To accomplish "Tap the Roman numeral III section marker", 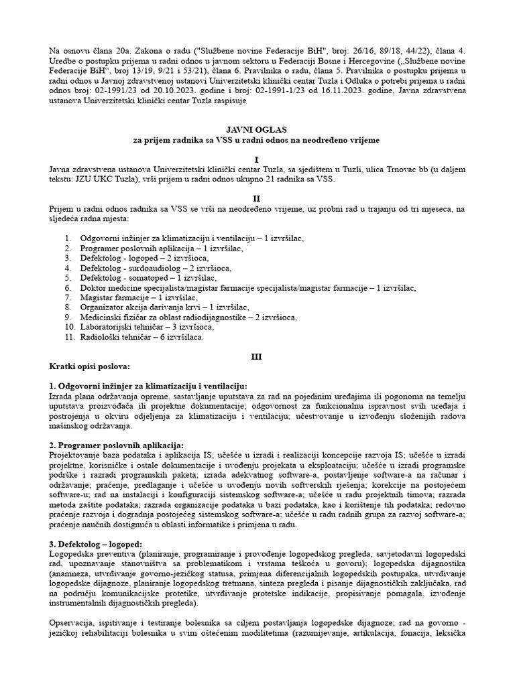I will (257, 357).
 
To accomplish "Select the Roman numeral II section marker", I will (257, 199).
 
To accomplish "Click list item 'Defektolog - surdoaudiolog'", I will (156, 267).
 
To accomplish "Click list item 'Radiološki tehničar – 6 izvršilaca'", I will (141, 337).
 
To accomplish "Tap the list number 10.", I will (70, 327).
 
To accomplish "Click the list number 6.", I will (68, 287).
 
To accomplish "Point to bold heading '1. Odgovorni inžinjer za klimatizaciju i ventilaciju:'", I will (148, 387).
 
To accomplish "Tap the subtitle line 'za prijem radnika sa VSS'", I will (257, 140).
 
